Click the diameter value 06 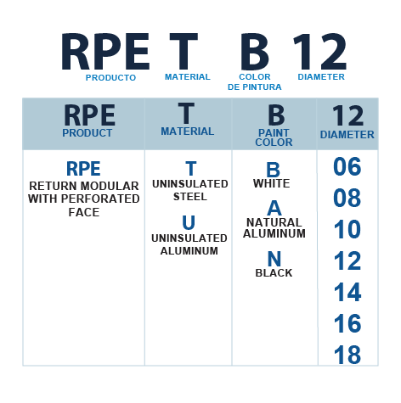[347, 166]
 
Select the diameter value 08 [347, 198]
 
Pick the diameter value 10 [347, 229]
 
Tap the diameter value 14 [347, 292]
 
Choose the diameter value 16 [347, 323]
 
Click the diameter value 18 [347, 355]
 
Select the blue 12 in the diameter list [347, 260]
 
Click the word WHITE [272, 183]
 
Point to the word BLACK [274, 273]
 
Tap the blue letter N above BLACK [274, 259]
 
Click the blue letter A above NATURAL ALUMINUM [274, 208]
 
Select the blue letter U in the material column [189, 222]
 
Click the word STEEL [190, 197]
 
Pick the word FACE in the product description [84, 212]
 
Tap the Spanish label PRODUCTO [110, 78]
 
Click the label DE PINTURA [255, 87]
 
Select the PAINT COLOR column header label [274, 137]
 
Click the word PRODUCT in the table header [88, 133]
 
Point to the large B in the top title [255, 52]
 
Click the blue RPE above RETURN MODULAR [83, 169]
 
